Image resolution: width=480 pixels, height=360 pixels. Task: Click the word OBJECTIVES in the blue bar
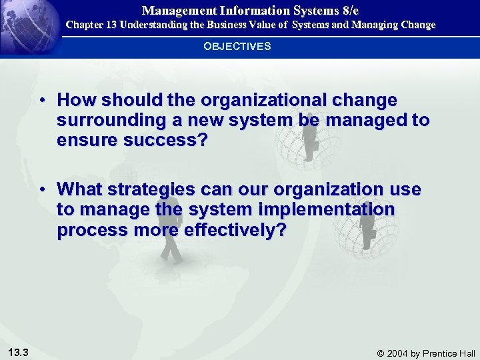click(237, 46)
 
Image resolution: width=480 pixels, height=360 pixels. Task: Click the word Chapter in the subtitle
click(83, 25)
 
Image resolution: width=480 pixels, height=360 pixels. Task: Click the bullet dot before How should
click(42, 101)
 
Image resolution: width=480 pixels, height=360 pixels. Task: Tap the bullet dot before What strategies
click(42, 190)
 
